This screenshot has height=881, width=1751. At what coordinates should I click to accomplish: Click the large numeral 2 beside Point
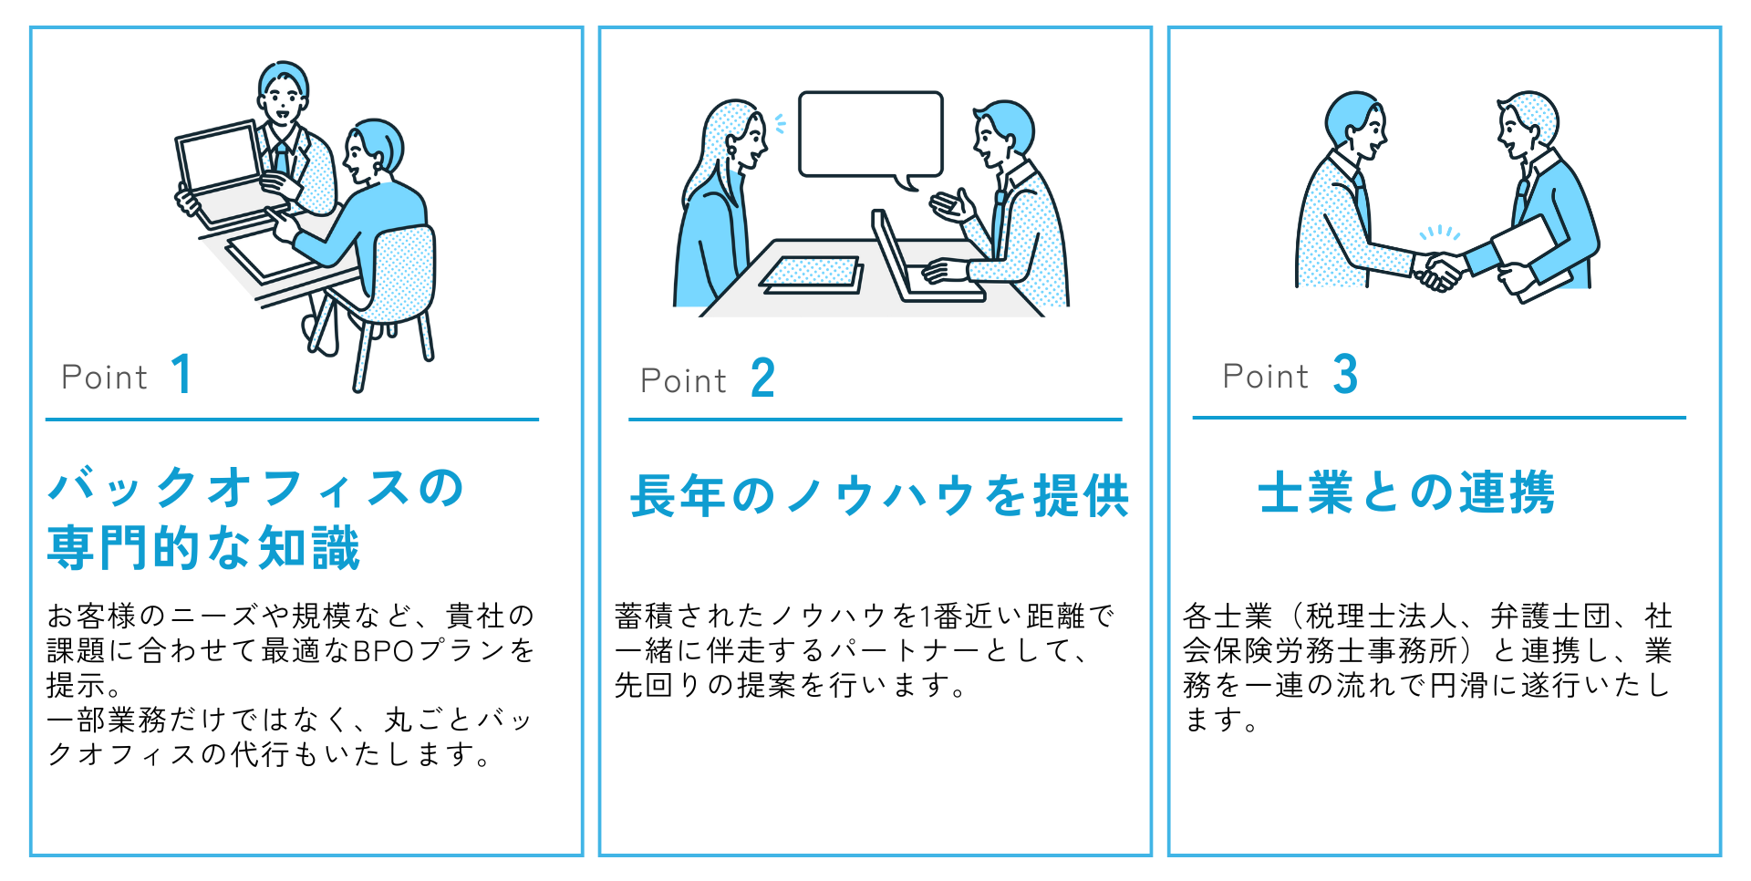(762, 378)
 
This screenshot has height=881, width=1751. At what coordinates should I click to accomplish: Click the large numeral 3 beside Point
(1344, 374)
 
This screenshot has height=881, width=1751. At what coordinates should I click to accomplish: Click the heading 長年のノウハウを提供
(879, 496)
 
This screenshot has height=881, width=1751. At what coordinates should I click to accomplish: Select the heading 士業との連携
(1406, 492)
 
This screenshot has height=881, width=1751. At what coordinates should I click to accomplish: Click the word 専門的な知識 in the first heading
(203, 547)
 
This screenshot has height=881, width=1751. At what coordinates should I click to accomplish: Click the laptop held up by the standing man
(222, 169)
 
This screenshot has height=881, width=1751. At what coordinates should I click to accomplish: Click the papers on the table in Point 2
(811, 275)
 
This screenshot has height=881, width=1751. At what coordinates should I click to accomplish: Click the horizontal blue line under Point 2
(875, 420)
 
